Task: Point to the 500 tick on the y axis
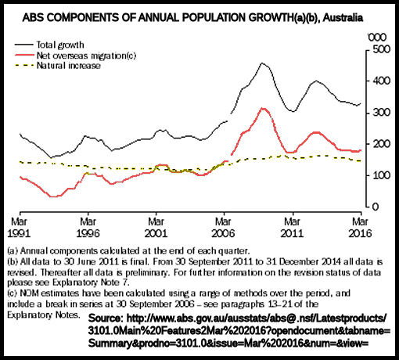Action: point(382,49)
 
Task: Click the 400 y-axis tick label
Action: point(382,81)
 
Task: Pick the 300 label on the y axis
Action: point(382,113)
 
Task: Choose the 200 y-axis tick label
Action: point(382,144)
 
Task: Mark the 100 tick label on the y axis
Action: point(382,175)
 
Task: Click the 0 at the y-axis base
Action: point(376,207)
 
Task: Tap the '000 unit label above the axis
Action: point(377,38)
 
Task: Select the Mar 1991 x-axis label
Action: point(19,228)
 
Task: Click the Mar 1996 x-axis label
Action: point(88,228)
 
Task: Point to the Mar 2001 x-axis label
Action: point(156,228)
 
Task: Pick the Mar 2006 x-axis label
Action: point(223,228)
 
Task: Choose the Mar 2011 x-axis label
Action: point(292,228)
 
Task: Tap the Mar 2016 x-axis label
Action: point(360,228)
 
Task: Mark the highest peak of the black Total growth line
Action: point(262,63)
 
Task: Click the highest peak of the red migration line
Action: point(263,108)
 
